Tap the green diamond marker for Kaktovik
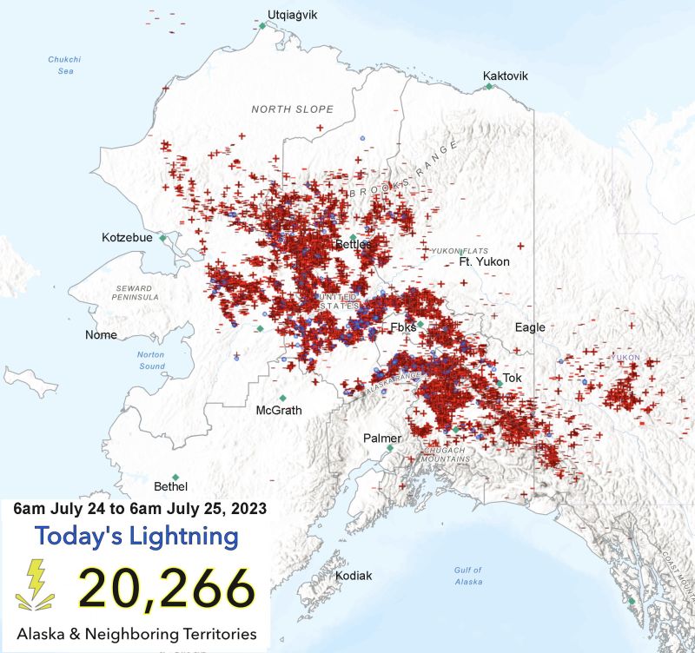489,87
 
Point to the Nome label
101,334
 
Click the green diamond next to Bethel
176,477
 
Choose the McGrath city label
279,410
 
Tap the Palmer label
383,439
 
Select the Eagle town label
530,327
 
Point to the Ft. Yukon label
484,261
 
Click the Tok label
513,378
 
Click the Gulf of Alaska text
467,576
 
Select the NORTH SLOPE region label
292,109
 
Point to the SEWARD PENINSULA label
135,293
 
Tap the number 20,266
167,588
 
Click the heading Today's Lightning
136,537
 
